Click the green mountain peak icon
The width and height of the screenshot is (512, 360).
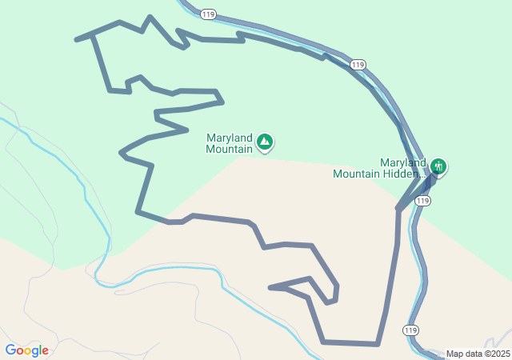tap(265, 142)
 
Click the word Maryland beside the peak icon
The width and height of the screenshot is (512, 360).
tap(230, 137)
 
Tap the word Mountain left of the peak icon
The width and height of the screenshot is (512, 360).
tap(229, 148)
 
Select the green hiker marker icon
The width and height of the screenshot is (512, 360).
tap(438, 166)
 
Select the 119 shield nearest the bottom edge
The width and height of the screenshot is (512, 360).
tap(410, 330)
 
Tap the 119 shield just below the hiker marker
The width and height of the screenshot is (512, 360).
tap(423, 201)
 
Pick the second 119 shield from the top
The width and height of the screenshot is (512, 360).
tap(358, 64)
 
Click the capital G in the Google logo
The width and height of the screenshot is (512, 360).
tap(10, 350)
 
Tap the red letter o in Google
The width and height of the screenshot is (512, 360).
tap(20, 351)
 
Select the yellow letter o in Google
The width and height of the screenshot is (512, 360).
tap(28, 351)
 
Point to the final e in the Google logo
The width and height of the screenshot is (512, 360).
tap(45, 351)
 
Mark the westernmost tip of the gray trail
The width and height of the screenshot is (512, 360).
tap(76, 38)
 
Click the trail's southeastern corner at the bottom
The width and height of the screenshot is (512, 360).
tap(378, 344)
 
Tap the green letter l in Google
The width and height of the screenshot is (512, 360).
tap(40, 350)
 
